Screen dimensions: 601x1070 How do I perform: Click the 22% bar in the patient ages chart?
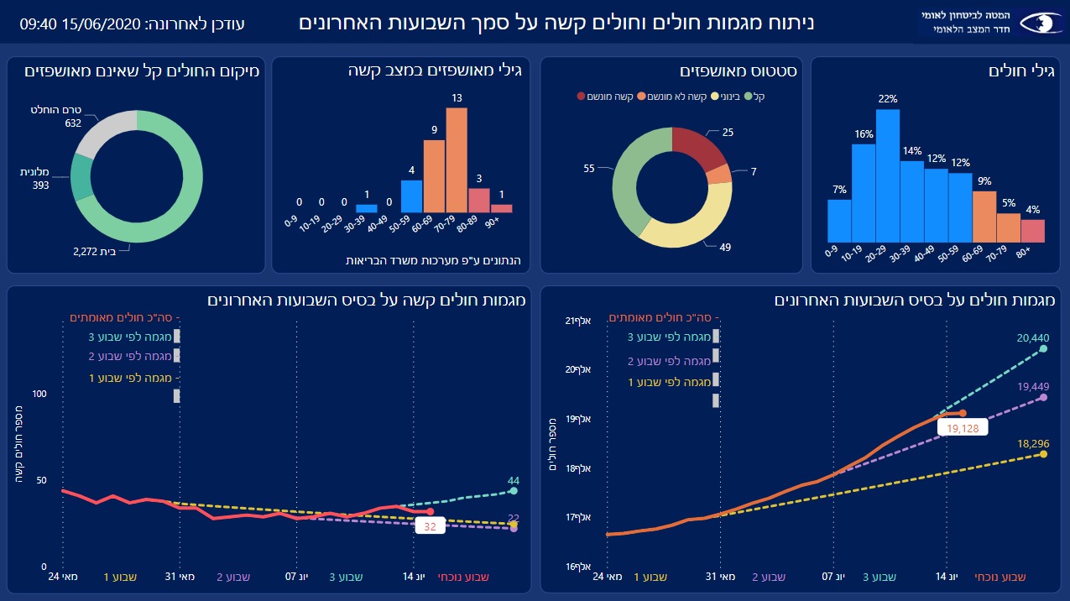[888, 176]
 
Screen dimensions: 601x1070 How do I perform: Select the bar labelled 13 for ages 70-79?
[457, 160]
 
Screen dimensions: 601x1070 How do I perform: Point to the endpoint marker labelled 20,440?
[1044, 348]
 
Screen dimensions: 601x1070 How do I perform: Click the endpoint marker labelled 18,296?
[1043, 454]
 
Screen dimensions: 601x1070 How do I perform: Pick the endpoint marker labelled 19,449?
[1043, 397]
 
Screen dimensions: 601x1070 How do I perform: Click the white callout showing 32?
[431, 527]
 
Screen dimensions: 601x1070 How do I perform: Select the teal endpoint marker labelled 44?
[514, 491]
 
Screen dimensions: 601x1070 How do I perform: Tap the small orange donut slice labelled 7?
[719, 174]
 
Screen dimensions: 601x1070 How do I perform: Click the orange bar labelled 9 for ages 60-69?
[434, 176]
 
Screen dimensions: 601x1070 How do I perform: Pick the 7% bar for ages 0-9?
[839, 221]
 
